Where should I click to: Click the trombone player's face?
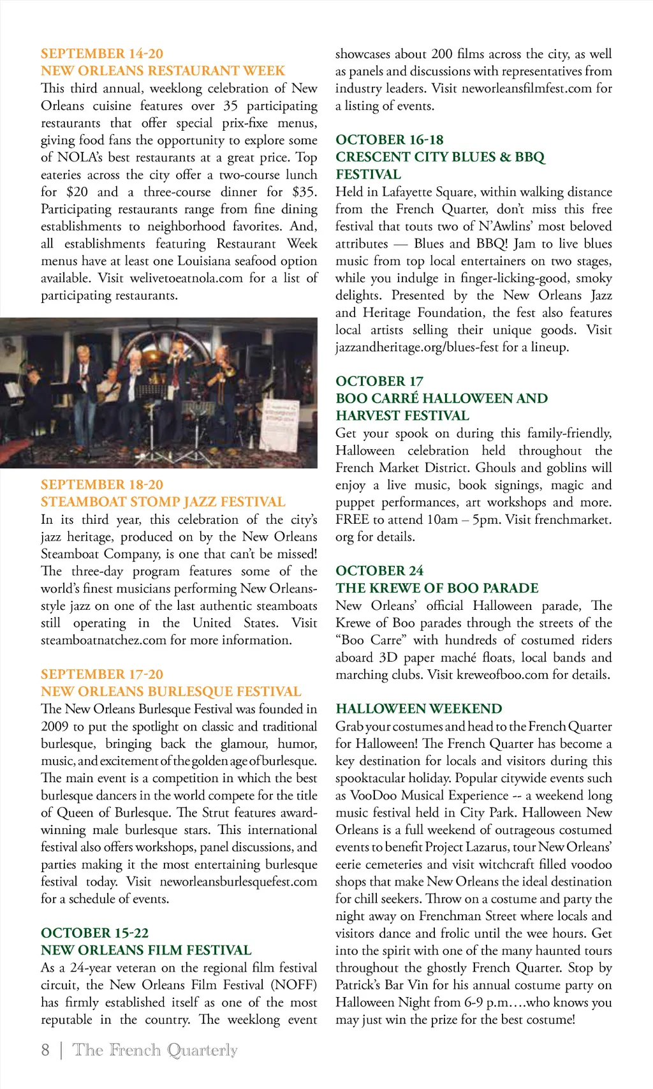point(221,355)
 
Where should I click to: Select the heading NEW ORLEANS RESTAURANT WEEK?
point(163,71)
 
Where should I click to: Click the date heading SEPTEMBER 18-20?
point(102,484)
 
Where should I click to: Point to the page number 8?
point(45,1050)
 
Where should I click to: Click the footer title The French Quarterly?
point(155,1050)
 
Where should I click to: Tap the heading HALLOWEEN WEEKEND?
point(419,709)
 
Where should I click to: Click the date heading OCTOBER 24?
point(379,570)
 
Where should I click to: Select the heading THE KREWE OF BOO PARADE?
point(437,588)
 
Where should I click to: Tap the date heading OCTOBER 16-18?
point(389,140)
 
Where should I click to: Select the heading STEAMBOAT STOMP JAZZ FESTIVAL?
point(163,501)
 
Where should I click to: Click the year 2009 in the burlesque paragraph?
point(55,727)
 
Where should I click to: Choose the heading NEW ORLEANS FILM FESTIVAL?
point(146,950)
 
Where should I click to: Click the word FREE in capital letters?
point(352,519)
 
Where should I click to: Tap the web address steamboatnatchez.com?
point(103,640)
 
